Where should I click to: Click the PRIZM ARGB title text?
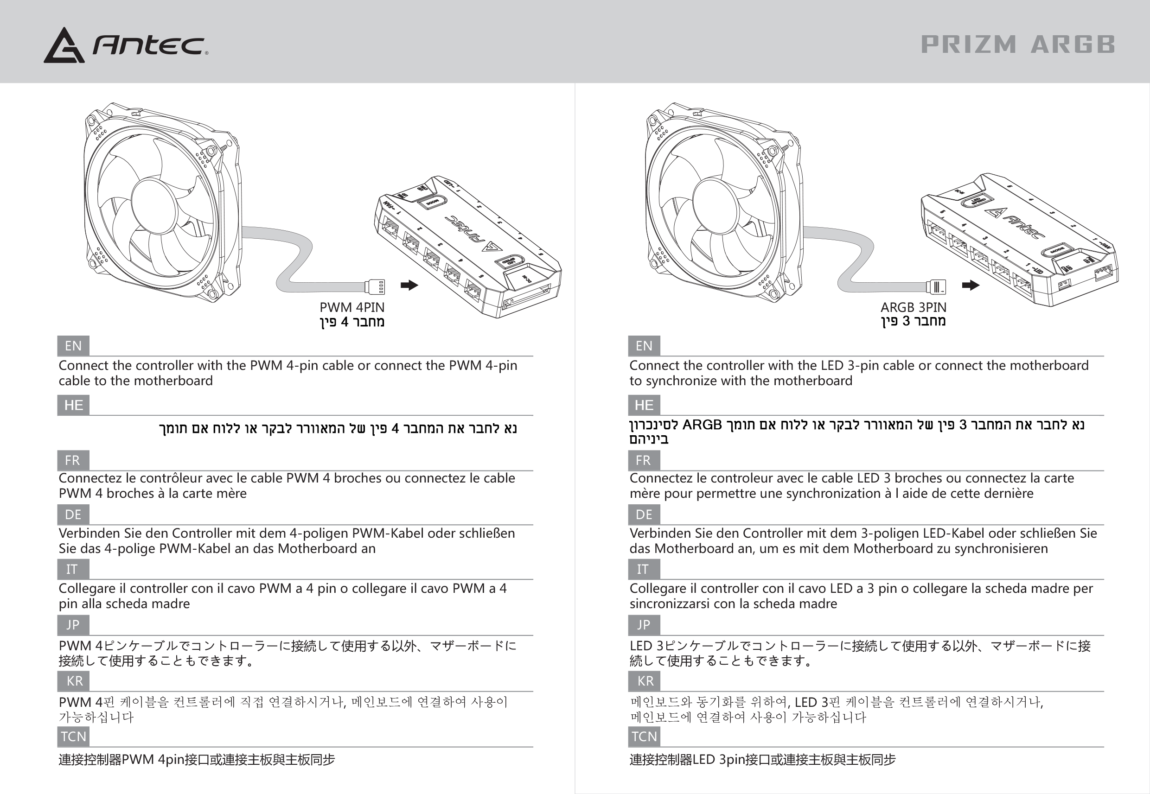(1018, 44)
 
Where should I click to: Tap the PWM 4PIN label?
(352, 307)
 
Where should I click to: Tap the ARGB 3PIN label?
(913, 307)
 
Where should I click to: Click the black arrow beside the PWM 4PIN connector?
(409, 285)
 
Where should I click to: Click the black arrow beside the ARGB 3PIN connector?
(971, 285)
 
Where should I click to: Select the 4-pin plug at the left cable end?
(375, 287)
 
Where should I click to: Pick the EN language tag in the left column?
(73, 346)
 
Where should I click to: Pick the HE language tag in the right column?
(644, 405)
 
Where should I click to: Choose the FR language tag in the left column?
(73, 460)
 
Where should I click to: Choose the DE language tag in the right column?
(644, 515)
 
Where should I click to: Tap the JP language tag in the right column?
(644, 625)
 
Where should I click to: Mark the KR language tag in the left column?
(74, 681)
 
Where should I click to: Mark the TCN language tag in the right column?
(644, 736)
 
